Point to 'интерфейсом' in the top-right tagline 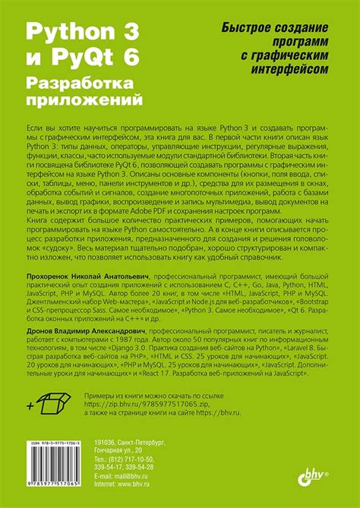click(x=289, y=69)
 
